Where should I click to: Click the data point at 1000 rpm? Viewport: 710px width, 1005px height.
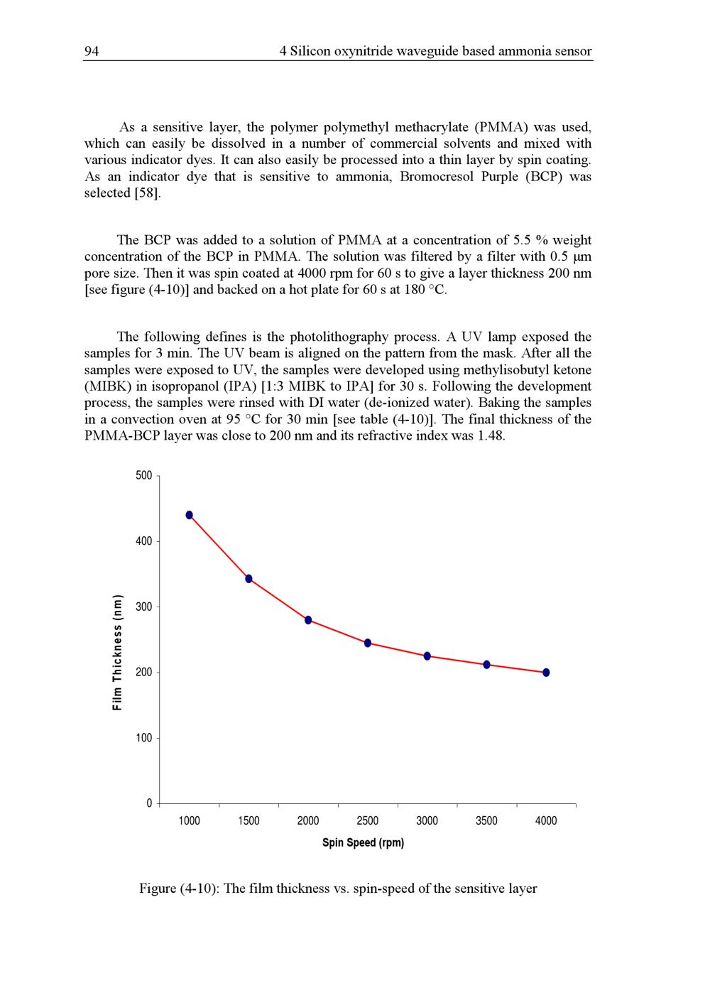[x=189, y=515]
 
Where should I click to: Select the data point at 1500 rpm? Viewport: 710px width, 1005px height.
[x=248, y=579]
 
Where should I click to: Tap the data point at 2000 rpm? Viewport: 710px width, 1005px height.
[x=308, y=620]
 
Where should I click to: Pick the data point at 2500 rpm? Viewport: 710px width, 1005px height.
[x=368, y=643]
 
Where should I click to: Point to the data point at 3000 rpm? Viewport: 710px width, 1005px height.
[x=427, y=656]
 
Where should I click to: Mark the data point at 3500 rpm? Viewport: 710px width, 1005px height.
[x=486, y=665]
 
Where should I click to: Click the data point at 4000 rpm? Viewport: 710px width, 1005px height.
[x=546, y=673]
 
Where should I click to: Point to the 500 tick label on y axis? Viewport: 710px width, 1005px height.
[x=143, y=476]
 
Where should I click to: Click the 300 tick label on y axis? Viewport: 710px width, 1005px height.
[x=143, y=607]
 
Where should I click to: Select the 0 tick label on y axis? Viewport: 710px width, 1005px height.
[x=149, y=803]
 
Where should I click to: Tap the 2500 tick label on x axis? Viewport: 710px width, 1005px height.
[x=368, y=821]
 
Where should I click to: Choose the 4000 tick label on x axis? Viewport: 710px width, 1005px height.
[x=546, y=821]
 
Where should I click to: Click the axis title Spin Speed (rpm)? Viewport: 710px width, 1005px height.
[x=363, y=843]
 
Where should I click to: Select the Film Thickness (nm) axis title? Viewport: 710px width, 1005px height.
[x=118, y=651]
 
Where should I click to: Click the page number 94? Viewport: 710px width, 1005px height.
[x=92, y=51]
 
